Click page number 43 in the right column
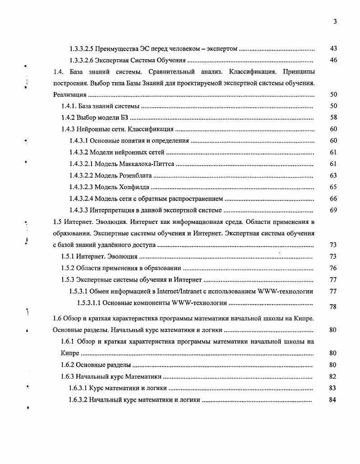[x=333, y=48]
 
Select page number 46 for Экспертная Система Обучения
[x=333, y=60]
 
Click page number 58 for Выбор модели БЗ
[x=333, y=118]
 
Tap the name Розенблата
[x=134, y=176]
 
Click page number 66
[x=333, y=199]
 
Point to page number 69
[x=333, y=210]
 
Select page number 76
[x=333, y=268]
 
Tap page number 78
[x=333, y=306]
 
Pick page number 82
[x=333, y=376]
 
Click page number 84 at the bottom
[x=333, y=399]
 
